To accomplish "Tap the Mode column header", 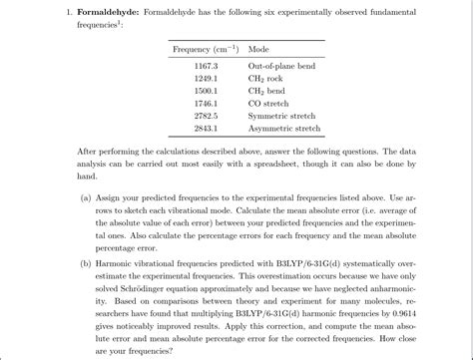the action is pyautogui.click(x=258, y=49).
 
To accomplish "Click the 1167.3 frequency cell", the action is pyautogui.click(x=207, y=65).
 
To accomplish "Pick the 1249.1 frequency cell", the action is pyautogui.click(x=207, y=78).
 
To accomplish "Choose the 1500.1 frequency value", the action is pyautogui.click(x=207, y=90).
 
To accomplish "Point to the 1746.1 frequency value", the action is pyautogui.click(x=207, y=103).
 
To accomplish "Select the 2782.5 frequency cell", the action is pyautogui.click(x=207, y=116).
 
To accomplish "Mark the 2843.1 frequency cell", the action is pyautogui.click(x=207, y=128).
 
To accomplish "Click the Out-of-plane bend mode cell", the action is pyautogui.click(x=283, y=65).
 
